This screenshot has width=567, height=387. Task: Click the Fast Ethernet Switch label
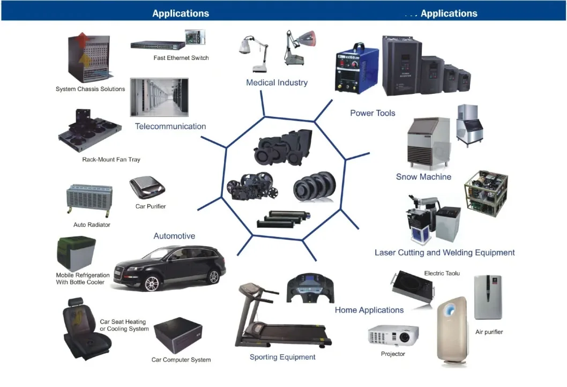click(x=177, y=58)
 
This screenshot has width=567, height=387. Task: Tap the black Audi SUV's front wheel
click(x=153, y=282)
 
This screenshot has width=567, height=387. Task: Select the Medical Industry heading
click(x=277, y=83)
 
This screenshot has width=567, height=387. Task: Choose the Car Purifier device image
click(x=147, y=187)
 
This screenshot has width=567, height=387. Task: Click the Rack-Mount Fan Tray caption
click(x=111, y=160)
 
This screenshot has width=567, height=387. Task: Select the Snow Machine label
click(x=423, y=177)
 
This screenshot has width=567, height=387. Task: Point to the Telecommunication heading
click(x=170, y=126)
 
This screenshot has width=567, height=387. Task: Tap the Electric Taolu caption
click(x=442, y=273)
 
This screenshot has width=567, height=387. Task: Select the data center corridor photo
click(x=159, y=97)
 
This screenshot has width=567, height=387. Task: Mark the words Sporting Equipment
click(x=282, y=357)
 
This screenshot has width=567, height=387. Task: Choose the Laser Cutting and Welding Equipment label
click(x=444, y=252)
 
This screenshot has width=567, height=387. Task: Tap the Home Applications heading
click(x=369, y=310)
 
